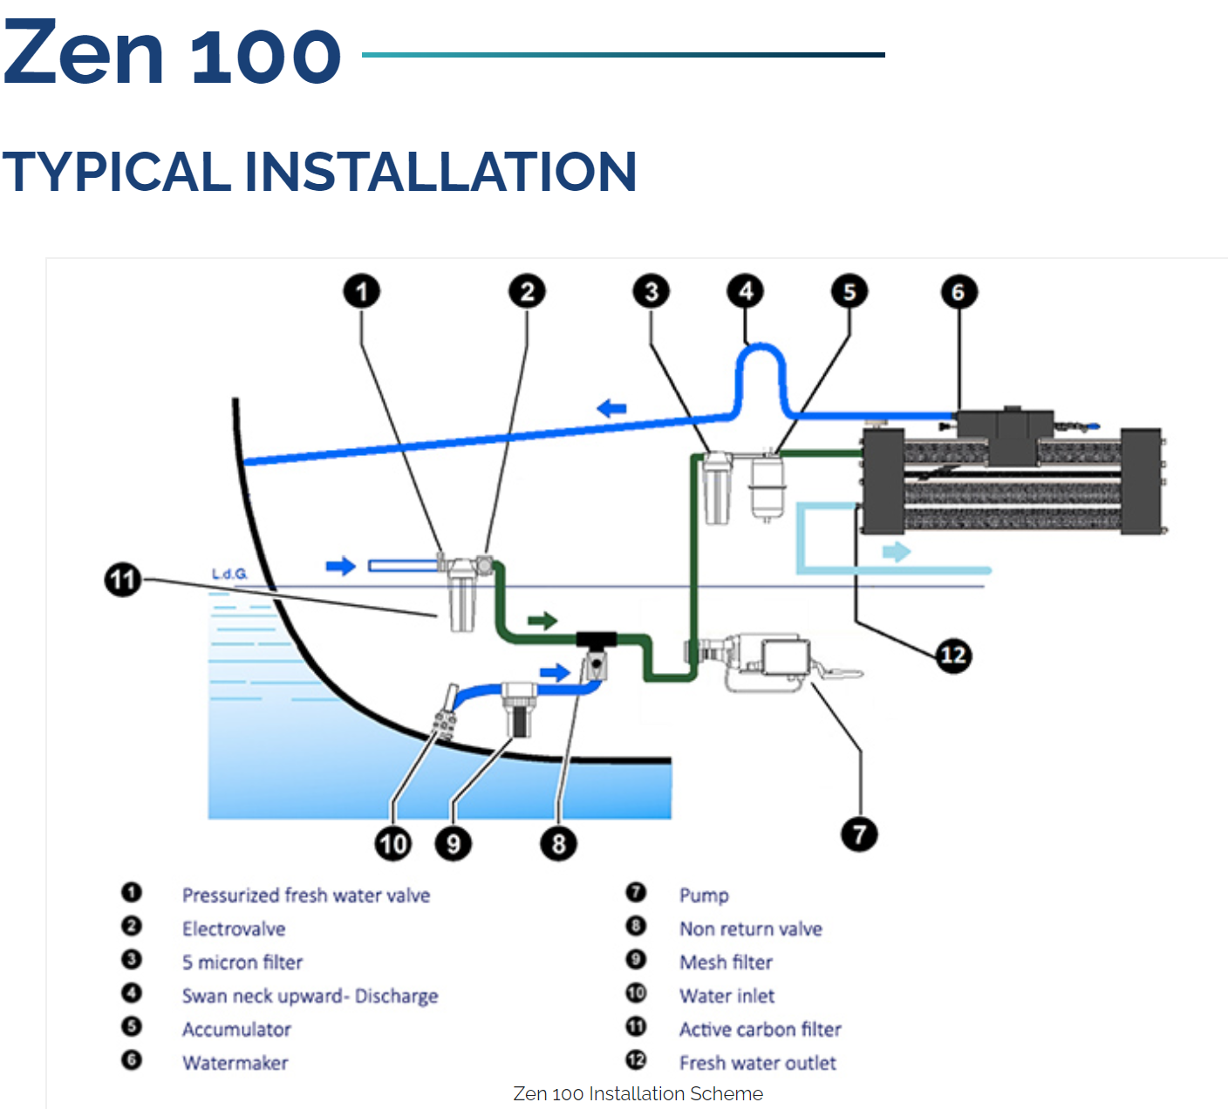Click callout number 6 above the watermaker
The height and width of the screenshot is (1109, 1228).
[959, 292]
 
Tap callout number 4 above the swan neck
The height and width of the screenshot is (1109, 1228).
[746, 291]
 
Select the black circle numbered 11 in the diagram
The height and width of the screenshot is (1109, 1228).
[123, 580]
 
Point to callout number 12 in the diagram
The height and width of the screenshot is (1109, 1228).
[953, 655]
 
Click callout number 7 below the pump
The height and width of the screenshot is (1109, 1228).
[859, 834]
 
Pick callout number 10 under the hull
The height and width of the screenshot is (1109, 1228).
[393, 843]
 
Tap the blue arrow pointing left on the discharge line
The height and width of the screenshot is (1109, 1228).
[611, 408]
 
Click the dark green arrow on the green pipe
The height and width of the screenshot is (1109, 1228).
[542, 621]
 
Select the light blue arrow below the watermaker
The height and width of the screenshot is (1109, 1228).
[897, 551]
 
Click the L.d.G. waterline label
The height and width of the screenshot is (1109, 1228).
[229, 574]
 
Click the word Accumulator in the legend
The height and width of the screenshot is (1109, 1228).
[236, 1030]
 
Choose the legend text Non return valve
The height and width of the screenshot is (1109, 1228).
[750, 929]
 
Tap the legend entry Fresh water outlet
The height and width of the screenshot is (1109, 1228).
[757, 1063]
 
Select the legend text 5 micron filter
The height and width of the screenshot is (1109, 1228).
[242, 963]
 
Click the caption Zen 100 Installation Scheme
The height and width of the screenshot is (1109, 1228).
[638, 1093]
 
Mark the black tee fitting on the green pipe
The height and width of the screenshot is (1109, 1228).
[597, 639]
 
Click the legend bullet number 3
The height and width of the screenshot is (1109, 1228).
[132, 960]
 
